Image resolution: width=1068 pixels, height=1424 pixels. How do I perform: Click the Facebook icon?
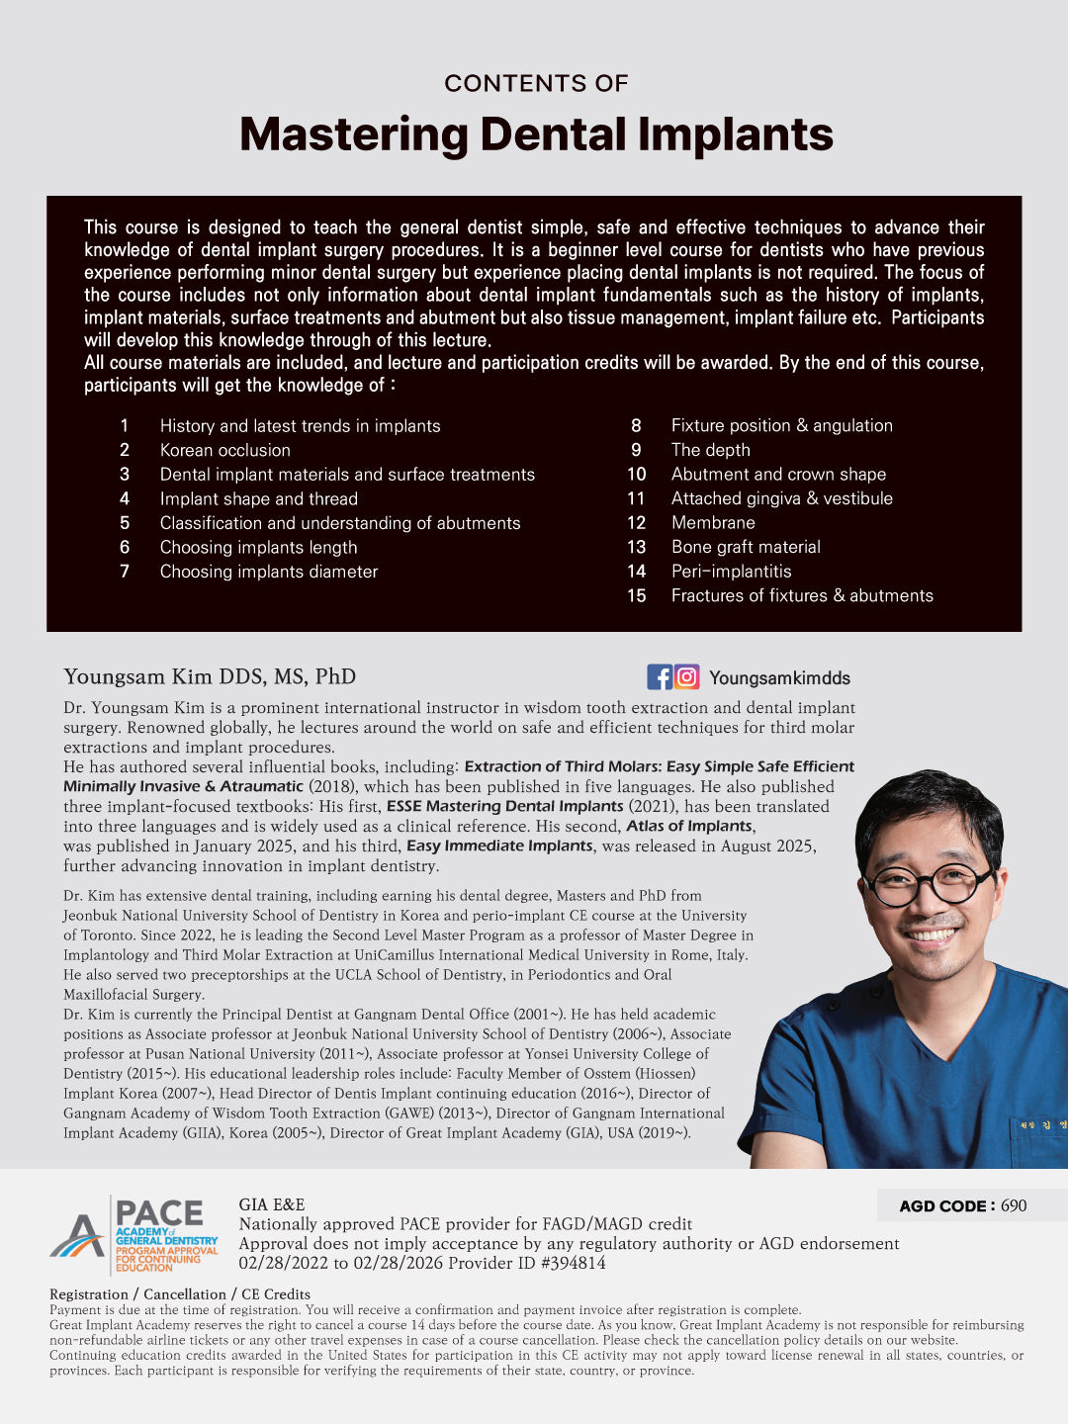660,677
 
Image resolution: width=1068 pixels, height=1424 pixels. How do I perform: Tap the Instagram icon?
687,677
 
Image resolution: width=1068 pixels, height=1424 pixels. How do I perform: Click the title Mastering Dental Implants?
536,134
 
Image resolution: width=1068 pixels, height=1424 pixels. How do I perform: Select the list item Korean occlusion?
224,450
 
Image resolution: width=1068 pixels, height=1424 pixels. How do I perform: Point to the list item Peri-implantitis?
731,572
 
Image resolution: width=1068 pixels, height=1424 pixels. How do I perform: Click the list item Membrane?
713,523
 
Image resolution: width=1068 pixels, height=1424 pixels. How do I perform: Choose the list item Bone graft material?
746,547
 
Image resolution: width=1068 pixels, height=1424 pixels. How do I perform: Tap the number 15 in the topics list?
637,596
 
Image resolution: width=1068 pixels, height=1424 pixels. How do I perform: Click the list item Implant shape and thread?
258,499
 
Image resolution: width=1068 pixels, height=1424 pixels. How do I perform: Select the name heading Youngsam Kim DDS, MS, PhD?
210,677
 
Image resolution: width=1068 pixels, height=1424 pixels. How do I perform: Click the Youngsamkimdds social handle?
779,678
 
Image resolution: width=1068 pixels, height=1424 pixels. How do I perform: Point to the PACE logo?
134,1234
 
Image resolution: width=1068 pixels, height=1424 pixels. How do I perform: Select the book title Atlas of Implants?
689,827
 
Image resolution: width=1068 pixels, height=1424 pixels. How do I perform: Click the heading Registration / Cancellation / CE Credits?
180,1294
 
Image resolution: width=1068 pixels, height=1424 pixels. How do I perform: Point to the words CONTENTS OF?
536,83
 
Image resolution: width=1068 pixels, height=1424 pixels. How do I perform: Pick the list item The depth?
710,450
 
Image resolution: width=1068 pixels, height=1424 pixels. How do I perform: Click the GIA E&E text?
272,1204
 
